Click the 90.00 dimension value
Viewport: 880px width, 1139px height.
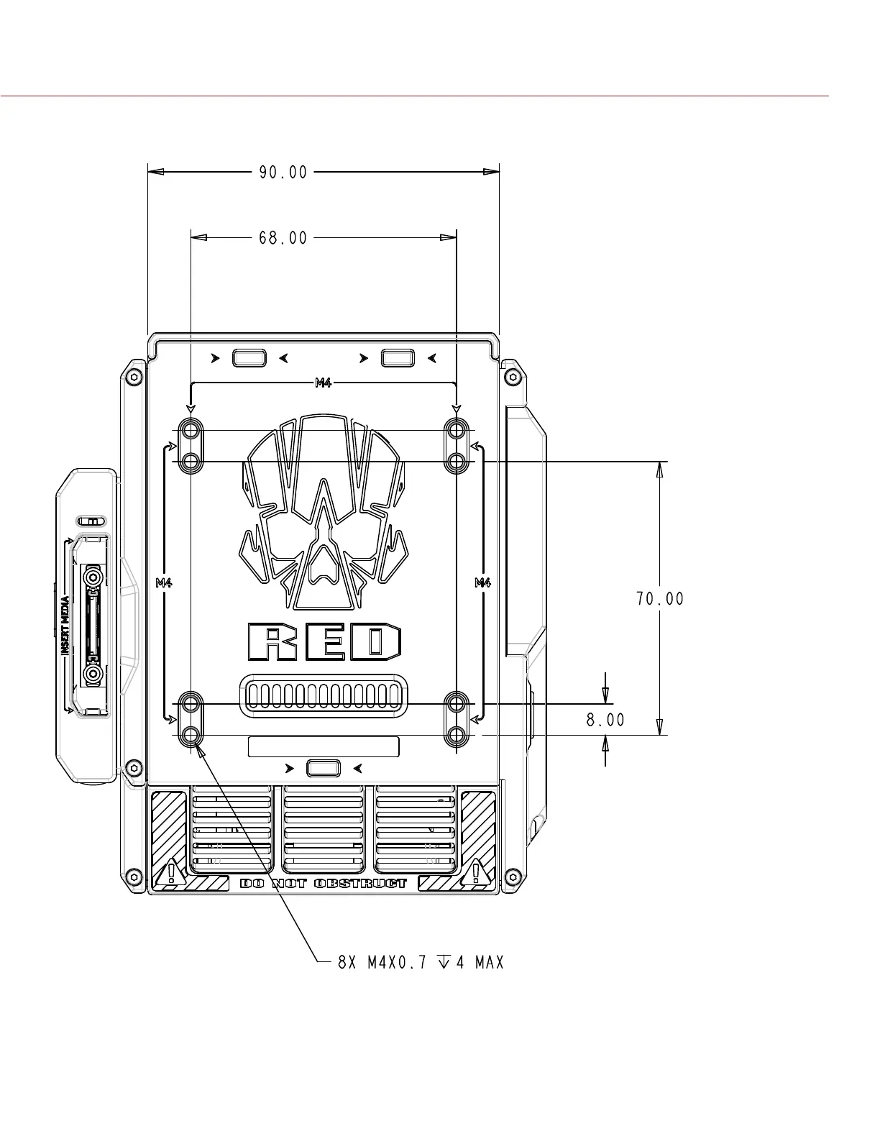click(x=283, y=173)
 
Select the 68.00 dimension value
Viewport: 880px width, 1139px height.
click(x=283, y=238)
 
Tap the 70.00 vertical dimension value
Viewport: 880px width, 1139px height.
click(x=660, y=598)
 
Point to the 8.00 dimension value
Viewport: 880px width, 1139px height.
click(x=605, y=720)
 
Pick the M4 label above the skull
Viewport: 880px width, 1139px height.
click(x=324, y=383)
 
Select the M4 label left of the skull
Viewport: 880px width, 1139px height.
click(x=164, y=582)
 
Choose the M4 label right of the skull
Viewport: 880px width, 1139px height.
click(x=482, y=582)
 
